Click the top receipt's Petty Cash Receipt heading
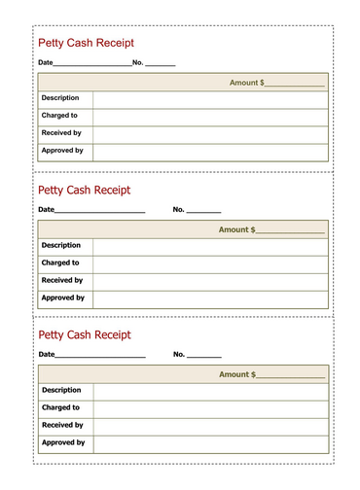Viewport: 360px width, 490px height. (85, 43)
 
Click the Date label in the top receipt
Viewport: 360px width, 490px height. (46, 63)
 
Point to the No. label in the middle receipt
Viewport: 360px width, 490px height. (179, 209)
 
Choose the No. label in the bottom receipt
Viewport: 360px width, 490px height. (179, 354)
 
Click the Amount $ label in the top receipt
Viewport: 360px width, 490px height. (246, 83)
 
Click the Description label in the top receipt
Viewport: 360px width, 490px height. (60, 98)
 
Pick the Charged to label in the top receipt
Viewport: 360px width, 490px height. (60, 116)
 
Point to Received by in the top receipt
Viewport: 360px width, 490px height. (62, 133)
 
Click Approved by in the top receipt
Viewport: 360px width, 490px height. (62, 151)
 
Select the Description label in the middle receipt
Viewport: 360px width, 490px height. (61, 245)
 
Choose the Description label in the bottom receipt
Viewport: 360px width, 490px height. (61, 390)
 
